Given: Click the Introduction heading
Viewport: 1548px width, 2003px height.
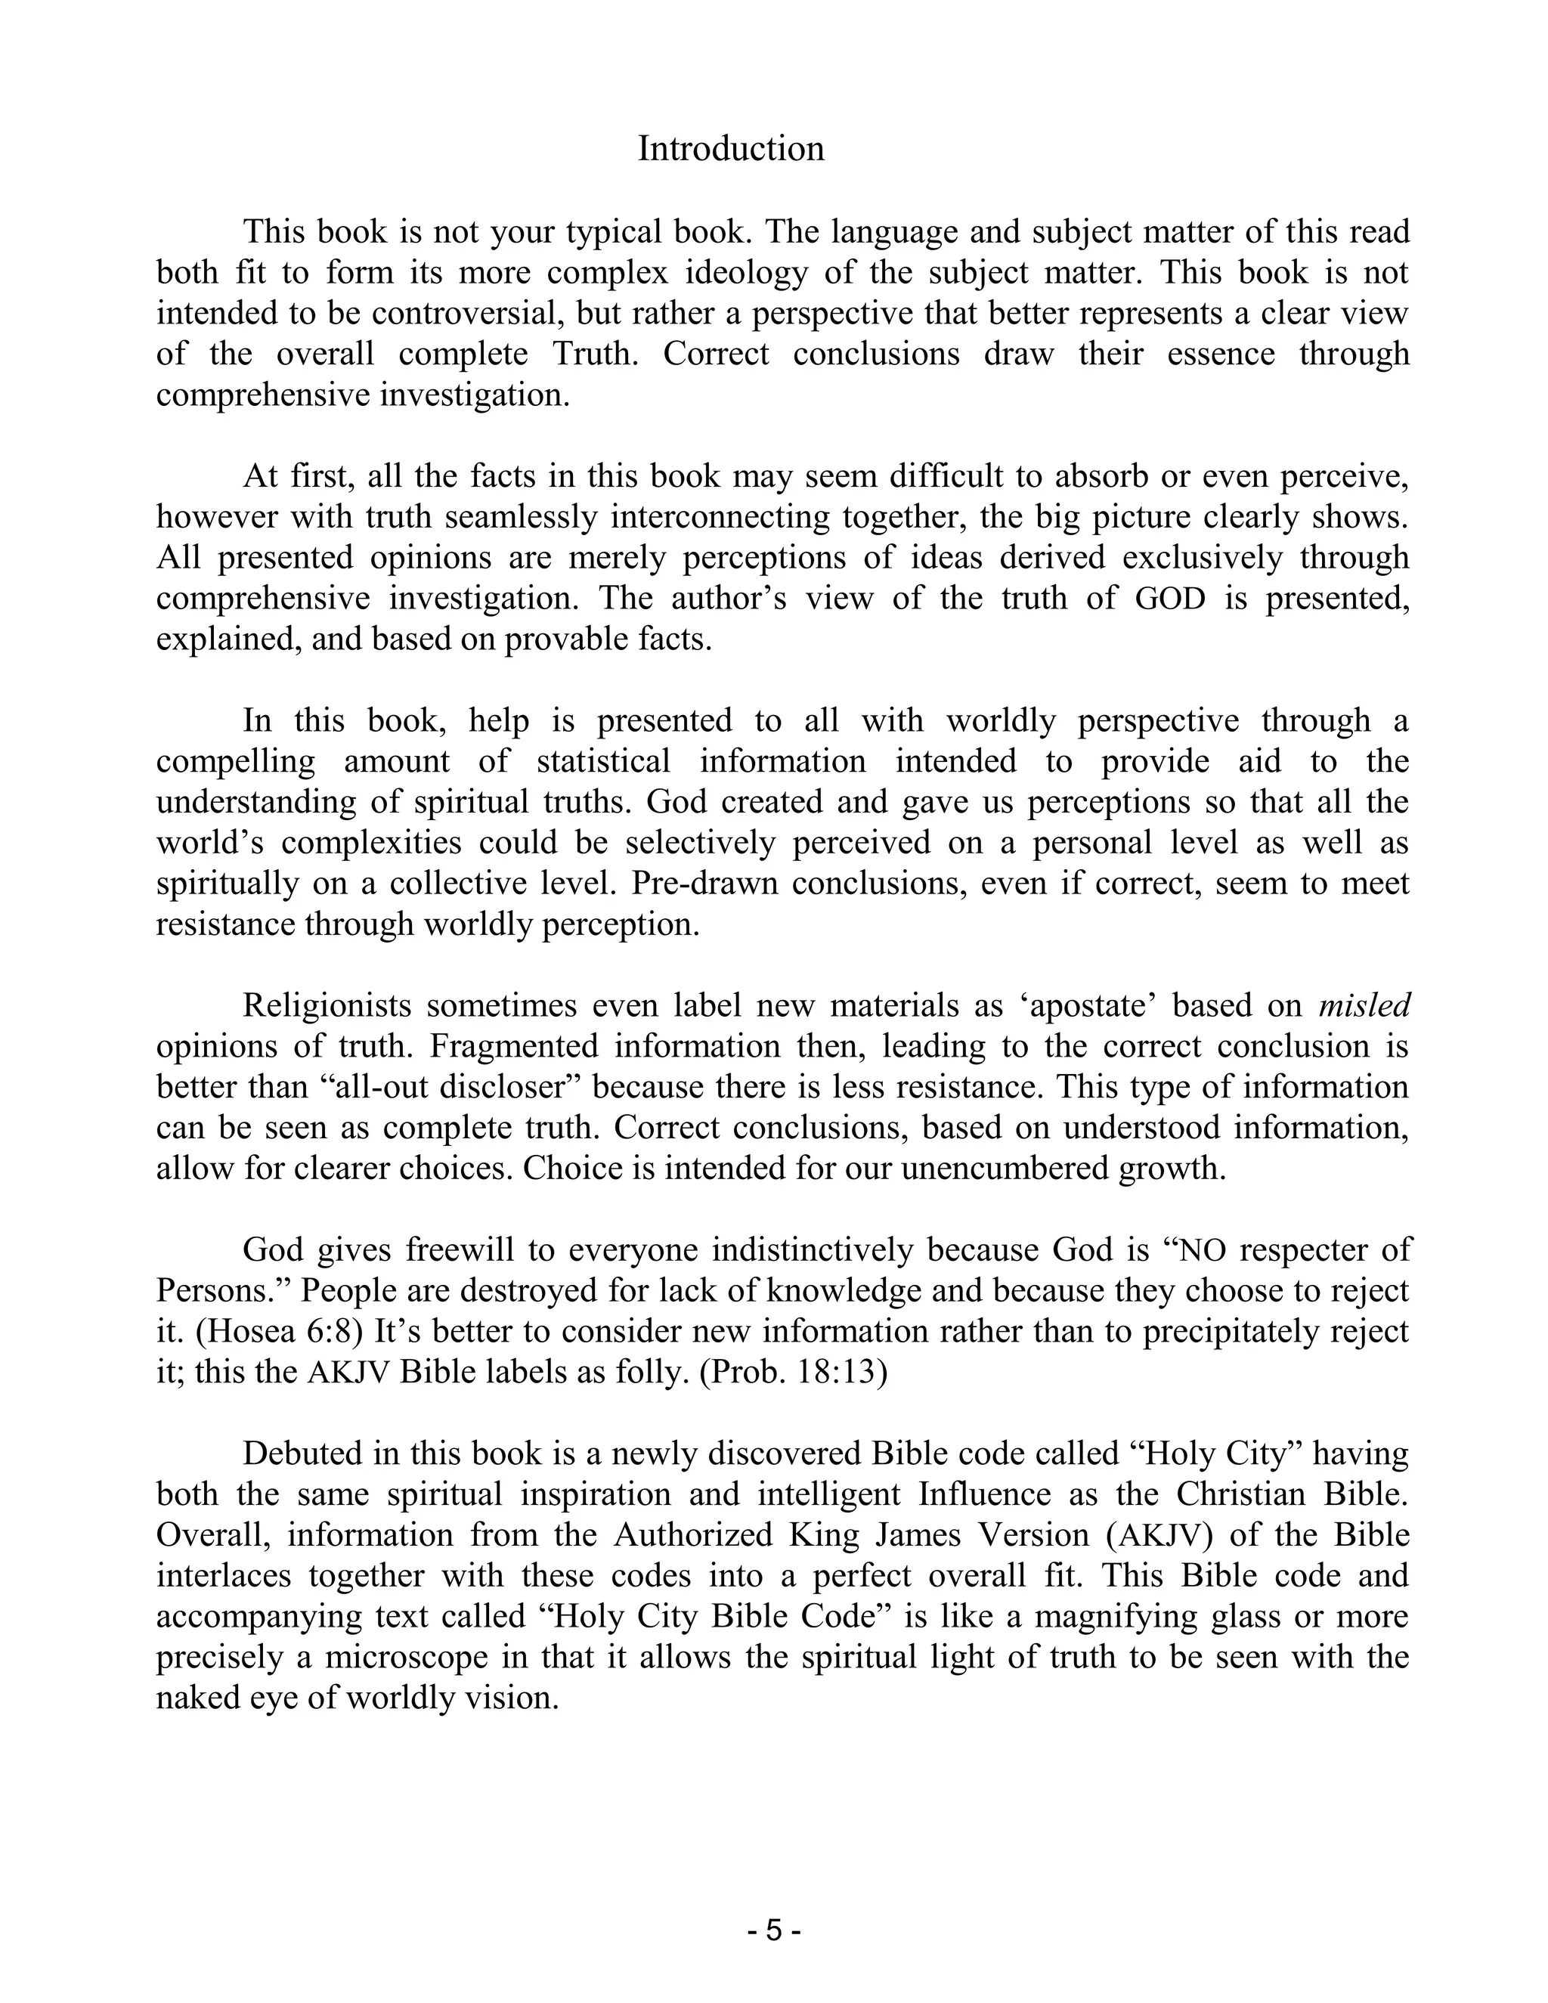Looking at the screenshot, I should pos(731,149).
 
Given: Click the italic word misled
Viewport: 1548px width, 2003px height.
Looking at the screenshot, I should pos(1364,1006).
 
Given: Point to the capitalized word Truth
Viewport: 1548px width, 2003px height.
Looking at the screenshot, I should pos(595,354).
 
